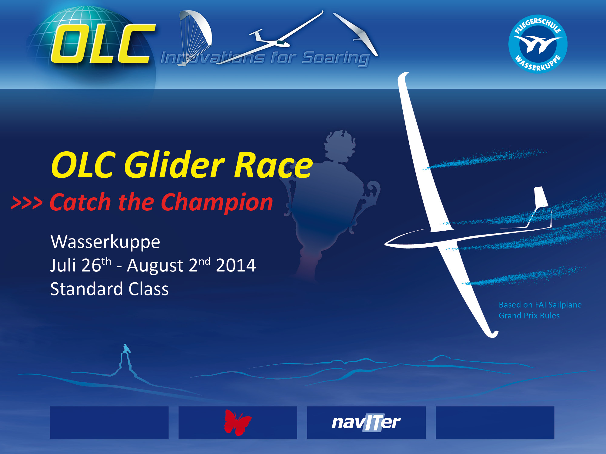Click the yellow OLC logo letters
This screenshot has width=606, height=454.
[103, 44]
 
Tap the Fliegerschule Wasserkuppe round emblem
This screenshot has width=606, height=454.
[538, 44]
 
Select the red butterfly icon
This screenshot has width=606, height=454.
[238, 423]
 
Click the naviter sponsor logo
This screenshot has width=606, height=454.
[366, 422]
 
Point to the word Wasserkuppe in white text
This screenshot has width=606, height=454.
[105, 242]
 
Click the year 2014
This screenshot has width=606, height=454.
[236, 265]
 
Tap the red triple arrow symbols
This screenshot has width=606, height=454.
[27, 203]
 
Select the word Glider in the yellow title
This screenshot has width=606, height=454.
[174, 165]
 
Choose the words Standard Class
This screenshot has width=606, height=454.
[109, 289]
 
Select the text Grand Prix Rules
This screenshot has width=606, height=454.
[529, 316]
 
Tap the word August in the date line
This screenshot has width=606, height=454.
[155, 266]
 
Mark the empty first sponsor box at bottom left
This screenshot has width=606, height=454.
[109, 423]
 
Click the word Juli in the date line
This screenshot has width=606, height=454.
[63, 265]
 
